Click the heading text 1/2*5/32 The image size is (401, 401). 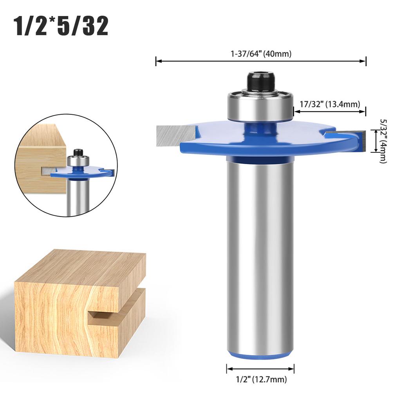(61, 26)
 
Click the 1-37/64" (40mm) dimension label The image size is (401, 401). (261, 54)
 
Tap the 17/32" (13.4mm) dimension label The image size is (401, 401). (330, 104)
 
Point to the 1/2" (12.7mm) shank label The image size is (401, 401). (260, 379)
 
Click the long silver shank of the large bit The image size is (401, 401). (260, 255)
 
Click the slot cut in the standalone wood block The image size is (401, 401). (114, 309)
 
